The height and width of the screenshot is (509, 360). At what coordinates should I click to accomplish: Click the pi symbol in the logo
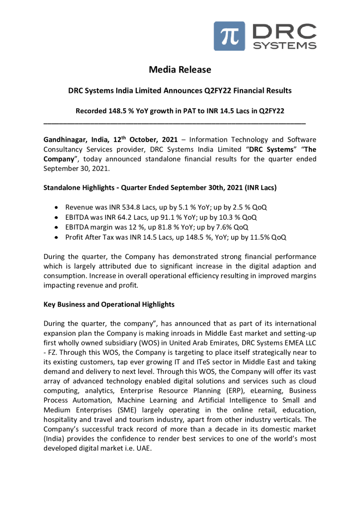(229, 36)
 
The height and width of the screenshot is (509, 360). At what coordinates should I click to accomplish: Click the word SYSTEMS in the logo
(284, 45)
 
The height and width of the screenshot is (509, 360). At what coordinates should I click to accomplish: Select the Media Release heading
(180, 70)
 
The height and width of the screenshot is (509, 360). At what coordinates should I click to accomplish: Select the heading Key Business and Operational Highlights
(109, 304)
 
